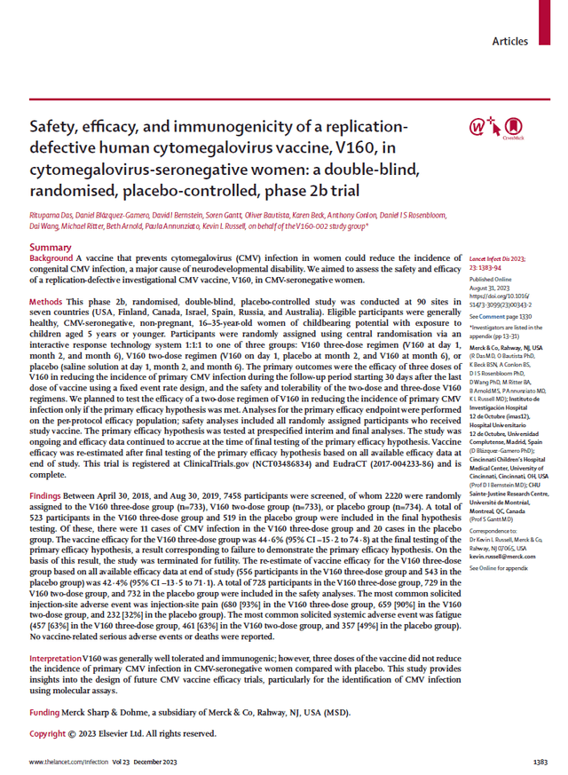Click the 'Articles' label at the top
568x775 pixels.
click(x=509, y=41)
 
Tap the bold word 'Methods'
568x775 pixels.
click(x=50, y=303)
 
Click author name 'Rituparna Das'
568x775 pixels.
click(x=56, y=214)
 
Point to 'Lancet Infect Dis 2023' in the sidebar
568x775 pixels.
click(x=504, y=255)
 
